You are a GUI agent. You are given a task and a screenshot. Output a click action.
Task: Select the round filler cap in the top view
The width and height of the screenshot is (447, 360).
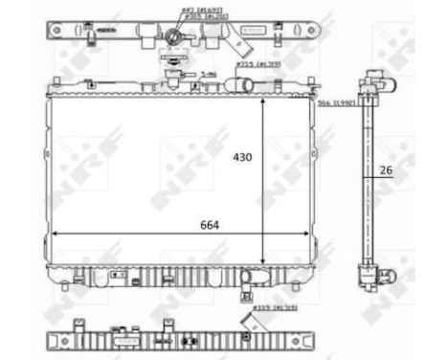click(173, 37)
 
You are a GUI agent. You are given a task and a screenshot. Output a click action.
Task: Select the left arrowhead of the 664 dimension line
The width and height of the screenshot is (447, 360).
click(55, 233)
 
